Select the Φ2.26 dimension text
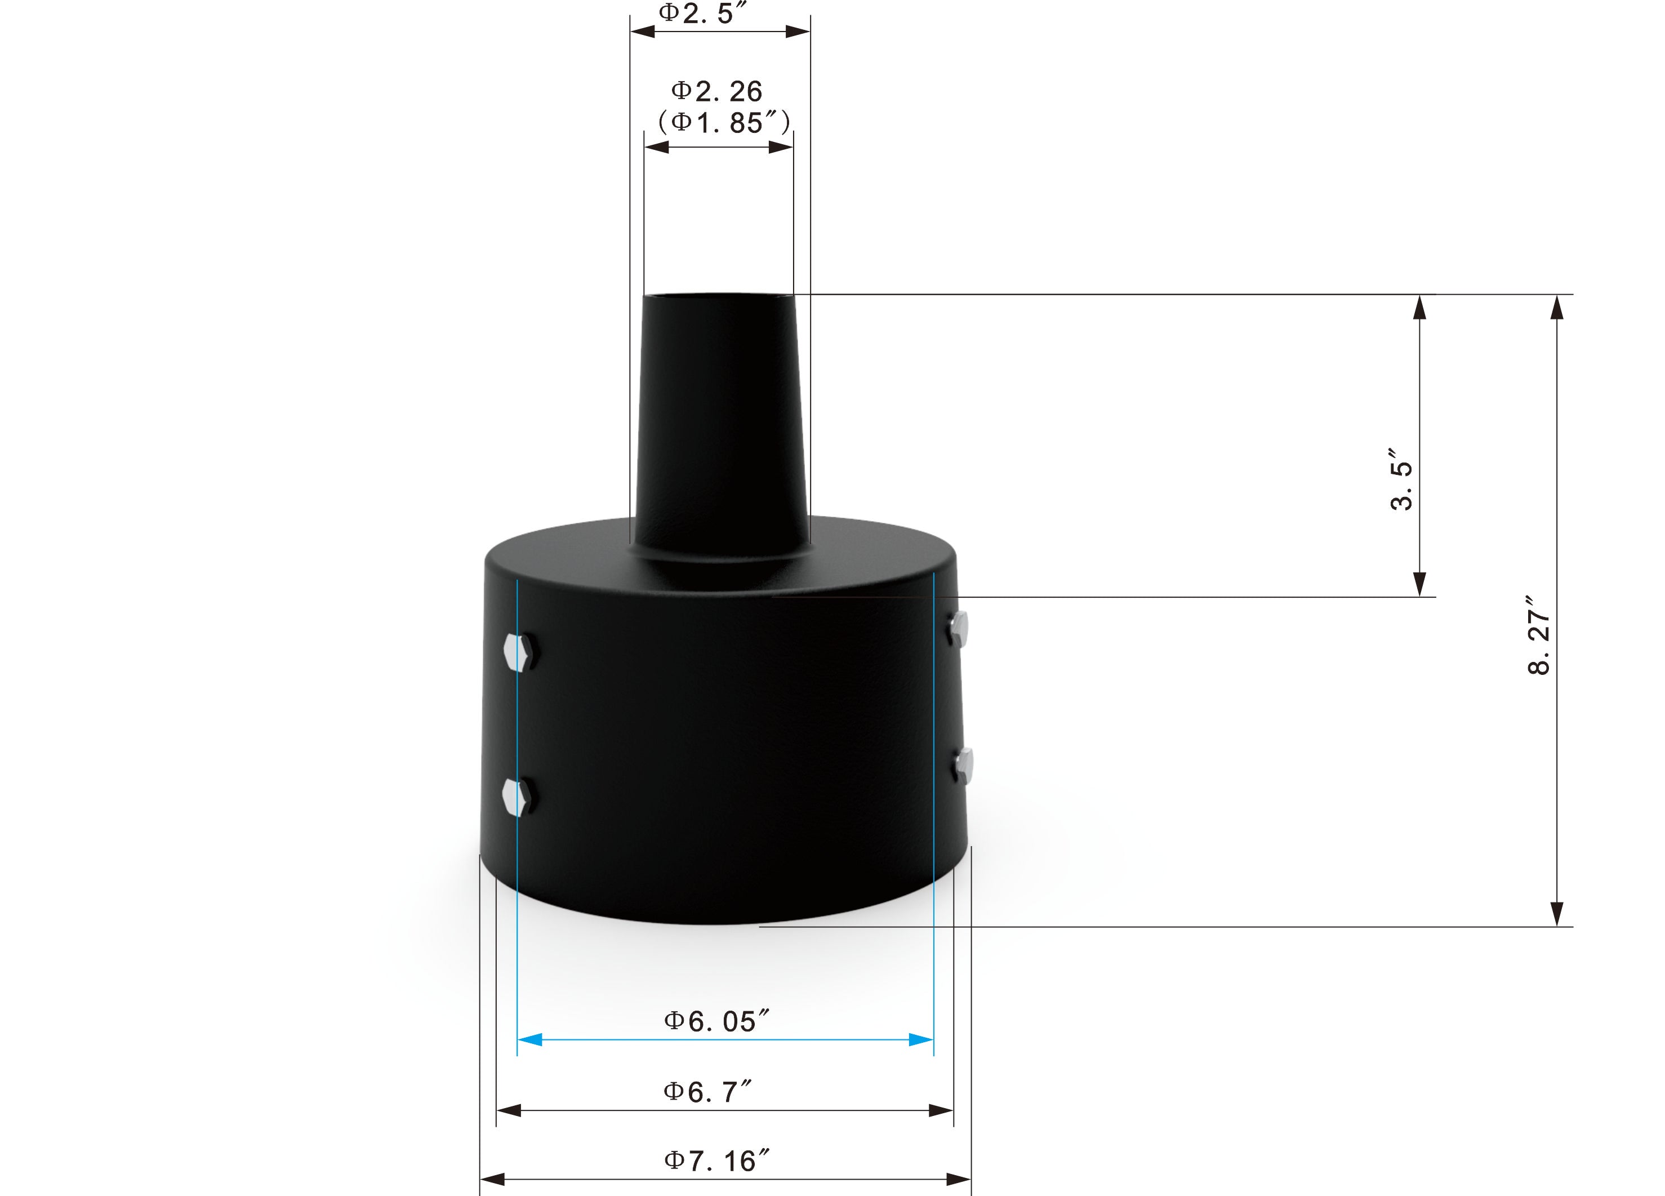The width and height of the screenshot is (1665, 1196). (x=716, y=91)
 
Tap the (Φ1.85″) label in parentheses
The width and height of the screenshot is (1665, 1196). (x=724, y=122)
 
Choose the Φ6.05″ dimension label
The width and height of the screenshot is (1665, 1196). (x=716, y=1021)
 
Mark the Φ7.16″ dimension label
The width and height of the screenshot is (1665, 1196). (x=716, y=1161)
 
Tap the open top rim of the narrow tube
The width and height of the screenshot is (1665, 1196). (x=719, y=296)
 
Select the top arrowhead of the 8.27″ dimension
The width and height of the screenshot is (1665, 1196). (x=1556, y=308)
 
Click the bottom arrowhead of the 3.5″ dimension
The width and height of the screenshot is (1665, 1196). (x=1420, y=584)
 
